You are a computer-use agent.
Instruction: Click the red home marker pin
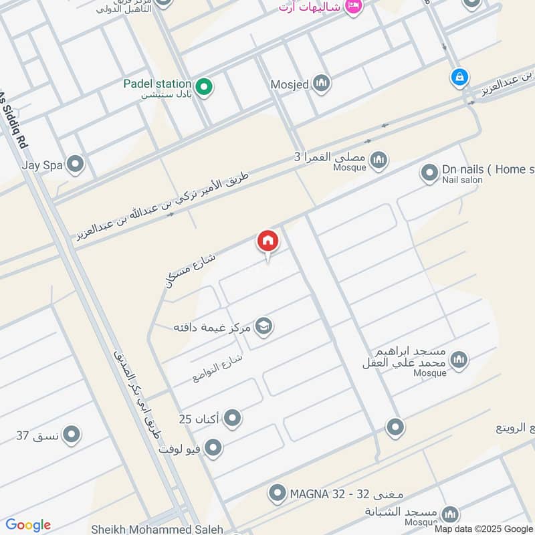point(267,241)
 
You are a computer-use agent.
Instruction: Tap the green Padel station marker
point(204,86)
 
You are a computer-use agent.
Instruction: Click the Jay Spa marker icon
point(75,164)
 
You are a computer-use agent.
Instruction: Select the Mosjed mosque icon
point(322,84)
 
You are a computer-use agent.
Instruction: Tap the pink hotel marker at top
point(354,6)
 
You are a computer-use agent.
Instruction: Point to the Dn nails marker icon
point(429,174)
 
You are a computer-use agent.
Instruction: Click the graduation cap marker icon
point(264,327)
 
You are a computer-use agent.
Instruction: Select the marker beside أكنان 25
point(232,419)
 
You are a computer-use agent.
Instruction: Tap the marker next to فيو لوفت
point(213,448)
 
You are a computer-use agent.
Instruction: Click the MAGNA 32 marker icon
point(277,494)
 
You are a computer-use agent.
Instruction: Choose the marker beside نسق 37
point(72,435)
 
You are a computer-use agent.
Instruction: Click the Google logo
point(27,525)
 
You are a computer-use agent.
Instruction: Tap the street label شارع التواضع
point(217,367)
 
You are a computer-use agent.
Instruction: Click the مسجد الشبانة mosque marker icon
point(449,514)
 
